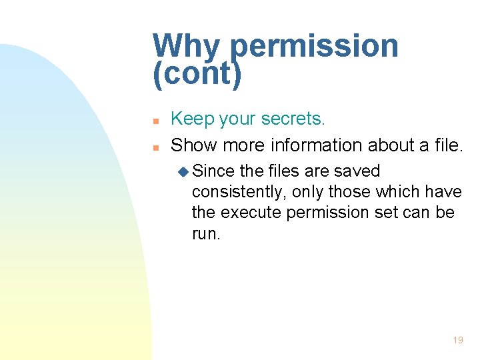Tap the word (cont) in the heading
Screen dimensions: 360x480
(197, 74)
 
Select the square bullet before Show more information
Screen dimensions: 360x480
(155, 147)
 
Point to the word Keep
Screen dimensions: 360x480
(191, 119)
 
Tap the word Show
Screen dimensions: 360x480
(194, 145)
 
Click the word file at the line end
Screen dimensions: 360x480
(445, 145)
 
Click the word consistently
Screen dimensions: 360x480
(231, 192)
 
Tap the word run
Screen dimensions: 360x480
(205, 233)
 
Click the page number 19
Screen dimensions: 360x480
(457, 340)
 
